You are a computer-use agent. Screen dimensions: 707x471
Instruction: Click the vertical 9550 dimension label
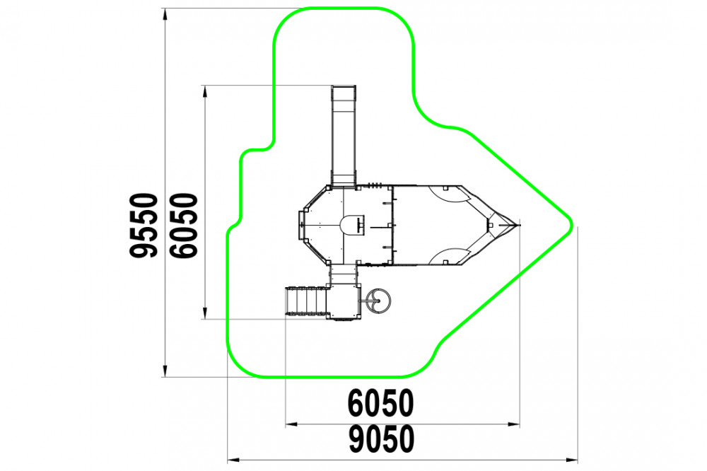(x=144, y=226)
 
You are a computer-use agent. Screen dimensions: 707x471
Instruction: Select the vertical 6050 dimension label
(x=184, y=226)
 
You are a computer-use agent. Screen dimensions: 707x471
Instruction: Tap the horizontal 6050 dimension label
(x=381, y=403)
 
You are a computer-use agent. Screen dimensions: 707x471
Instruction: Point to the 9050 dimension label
(x=382, y=439)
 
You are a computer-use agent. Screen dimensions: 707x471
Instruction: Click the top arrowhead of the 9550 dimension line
(x=165, y=14)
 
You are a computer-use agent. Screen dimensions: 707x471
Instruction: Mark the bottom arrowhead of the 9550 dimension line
(x=165, y=371)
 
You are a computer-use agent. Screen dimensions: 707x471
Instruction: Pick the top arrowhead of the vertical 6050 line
(x=205, y=91)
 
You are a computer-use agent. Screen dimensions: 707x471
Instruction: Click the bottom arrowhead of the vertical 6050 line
(x=205, y=313)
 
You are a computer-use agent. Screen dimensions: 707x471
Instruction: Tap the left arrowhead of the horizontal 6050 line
(x=291, y=424)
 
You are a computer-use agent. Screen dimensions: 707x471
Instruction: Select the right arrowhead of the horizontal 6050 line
(x=513, y=424)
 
